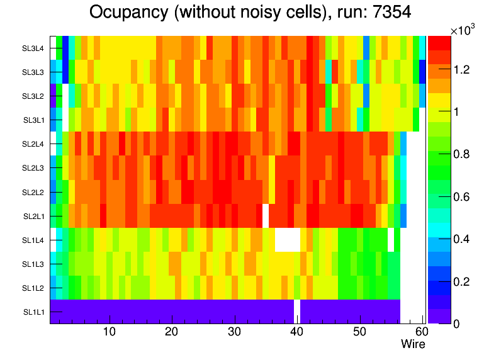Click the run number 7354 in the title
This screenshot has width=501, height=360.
390,13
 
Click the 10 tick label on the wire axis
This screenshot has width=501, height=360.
110,332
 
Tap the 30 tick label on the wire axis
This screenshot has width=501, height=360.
234,332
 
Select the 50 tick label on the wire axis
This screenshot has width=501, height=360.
359,332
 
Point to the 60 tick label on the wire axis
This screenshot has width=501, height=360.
420,332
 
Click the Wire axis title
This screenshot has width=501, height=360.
414,344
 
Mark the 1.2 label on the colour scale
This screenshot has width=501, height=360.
463,69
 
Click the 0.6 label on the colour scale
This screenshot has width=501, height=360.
463,196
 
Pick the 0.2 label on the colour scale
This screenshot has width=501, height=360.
463,281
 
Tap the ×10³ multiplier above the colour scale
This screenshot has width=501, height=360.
464,30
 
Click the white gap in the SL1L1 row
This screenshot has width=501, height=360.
297,312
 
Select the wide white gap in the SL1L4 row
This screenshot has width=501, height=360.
288,240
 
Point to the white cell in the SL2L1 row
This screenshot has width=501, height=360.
266,216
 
